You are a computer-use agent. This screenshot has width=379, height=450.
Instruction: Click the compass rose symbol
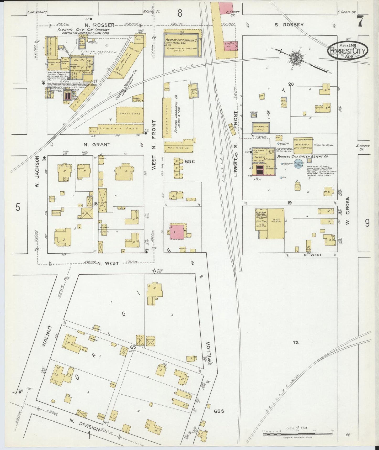click(x=296, y=58)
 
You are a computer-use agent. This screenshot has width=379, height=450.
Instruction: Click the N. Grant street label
click(x=93, y=145)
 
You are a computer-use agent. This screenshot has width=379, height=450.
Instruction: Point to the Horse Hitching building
click(x=276, y=224)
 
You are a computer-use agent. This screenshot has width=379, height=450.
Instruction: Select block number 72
click(x=296, y=343)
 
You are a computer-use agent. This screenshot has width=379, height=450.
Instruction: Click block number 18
click(x=95, y=204)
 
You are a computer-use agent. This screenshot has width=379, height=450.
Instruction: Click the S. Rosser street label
click(x=289, y=25)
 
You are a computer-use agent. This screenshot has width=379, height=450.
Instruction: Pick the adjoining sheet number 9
click(x=367, y=223)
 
